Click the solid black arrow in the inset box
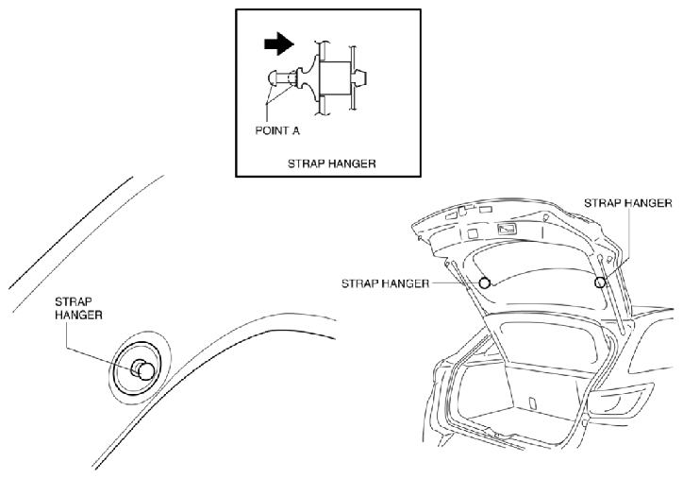click(279, 44)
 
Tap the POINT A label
click(277, 130)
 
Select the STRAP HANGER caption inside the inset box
click(331, 164)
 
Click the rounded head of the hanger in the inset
click(272, 79)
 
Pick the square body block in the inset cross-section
click(335, 78)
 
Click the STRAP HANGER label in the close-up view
click(78, 308)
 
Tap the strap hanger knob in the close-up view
click(143, 370)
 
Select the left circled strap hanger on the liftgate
click(484, 282)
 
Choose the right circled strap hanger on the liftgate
click(600, 282)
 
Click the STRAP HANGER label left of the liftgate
click(385, 283)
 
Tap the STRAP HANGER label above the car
click(627, 203)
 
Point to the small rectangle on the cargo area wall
click(531, 403)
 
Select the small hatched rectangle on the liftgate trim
click(507, 229)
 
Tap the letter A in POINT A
click(296, 130)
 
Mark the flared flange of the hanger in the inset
click(310, 78)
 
